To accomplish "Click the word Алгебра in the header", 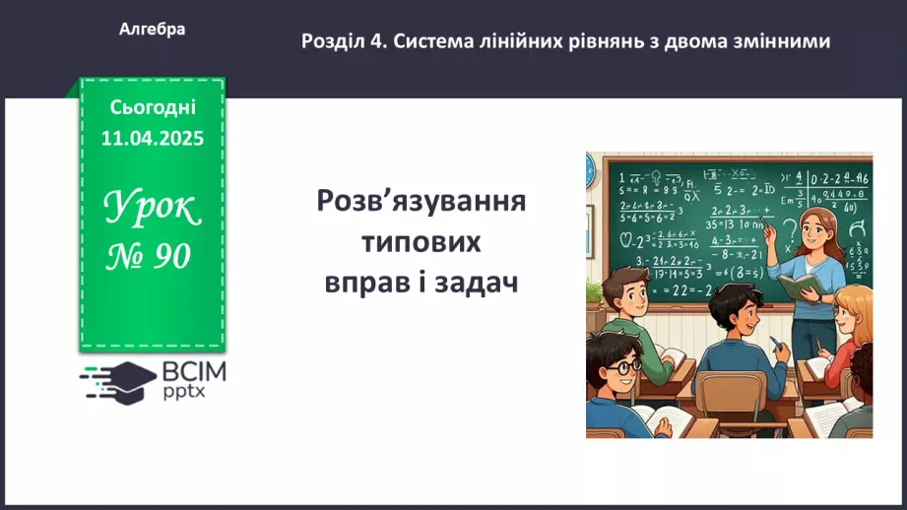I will click(x=152, y=30).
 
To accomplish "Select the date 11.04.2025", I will click(x=152, y=139).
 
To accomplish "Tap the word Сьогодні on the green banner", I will click(x=153, y=107).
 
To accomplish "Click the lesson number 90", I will click(x=169, y=256).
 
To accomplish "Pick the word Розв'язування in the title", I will click(x=421, y=202).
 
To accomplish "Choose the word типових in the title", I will click(x=421, y=241).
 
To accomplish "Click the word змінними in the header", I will click(x=781, y=41).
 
